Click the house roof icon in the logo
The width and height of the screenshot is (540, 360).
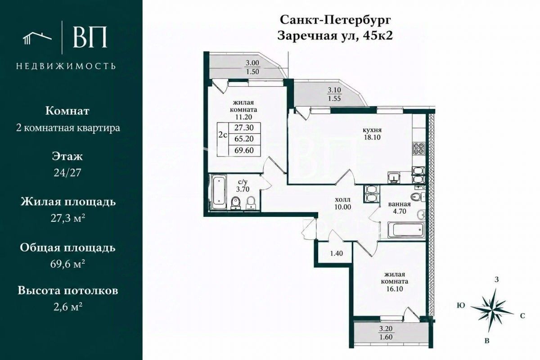coord(37,39)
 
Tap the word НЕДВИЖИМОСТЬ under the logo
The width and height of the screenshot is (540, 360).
coord(66,66)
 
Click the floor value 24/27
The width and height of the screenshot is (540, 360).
coord(67,173)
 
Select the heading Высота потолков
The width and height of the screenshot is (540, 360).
coord(68,291)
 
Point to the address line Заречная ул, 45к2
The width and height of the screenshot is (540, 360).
coord(335,36)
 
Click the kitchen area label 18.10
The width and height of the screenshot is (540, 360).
coord(372,137)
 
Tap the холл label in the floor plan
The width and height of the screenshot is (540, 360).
coord(342,200)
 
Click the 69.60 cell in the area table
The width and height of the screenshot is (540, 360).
coord(244,150)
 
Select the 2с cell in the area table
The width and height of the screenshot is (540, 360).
coord(223,135)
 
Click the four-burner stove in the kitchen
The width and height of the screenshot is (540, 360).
coord(419,148)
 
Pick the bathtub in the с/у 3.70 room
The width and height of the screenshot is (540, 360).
coord(219,192)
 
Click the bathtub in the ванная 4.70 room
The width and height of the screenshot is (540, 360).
coord(406,230)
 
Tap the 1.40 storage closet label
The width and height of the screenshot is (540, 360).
coord(336,253)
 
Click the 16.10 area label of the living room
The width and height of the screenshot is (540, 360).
coord(395,289)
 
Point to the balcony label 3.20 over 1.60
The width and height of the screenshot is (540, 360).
coord(386,333)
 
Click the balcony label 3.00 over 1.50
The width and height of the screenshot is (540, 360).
coord(252,67)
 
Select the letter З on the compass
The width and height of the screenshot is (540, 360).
coord(496,279)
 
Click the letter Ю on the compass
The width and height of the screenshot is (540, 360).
coord(461,306)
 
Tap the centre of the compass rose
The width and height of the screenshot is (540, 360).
coord(491,310)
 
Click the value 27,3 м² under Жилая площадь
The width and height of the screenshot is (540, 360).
coord(68,218)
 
